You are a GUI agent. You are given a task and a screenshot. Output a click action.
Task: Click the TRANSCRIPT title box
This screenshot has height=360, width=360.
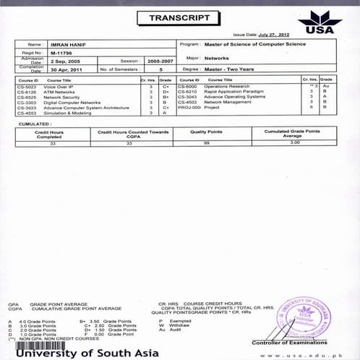179,17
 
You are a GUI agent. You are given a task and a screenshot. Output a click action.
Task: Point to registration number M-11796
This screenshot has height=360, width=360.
61,52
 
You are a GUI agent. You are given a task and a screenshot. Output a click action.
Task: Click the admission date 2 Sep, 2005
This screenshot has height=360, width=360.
67,61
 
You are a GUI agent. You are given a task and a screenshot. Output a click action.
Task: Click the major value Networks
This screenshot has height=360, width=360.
218,56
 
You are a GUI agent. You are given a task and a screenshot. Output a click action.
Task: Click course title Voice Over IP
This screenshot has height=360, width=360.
59,87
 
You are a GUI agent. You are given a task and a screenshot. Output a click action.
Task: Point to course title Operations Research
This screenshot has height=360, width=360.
228,87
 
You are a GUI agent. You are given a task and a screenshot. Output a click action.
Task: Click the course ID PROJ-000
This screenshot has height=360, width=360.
189,108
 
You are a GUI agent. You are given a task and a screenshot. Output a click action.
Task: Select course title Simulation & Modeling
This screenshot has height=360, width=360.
67,113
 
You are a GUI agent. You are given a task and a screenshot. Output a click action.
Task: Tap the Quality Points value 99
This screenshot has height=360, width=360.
206,144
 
